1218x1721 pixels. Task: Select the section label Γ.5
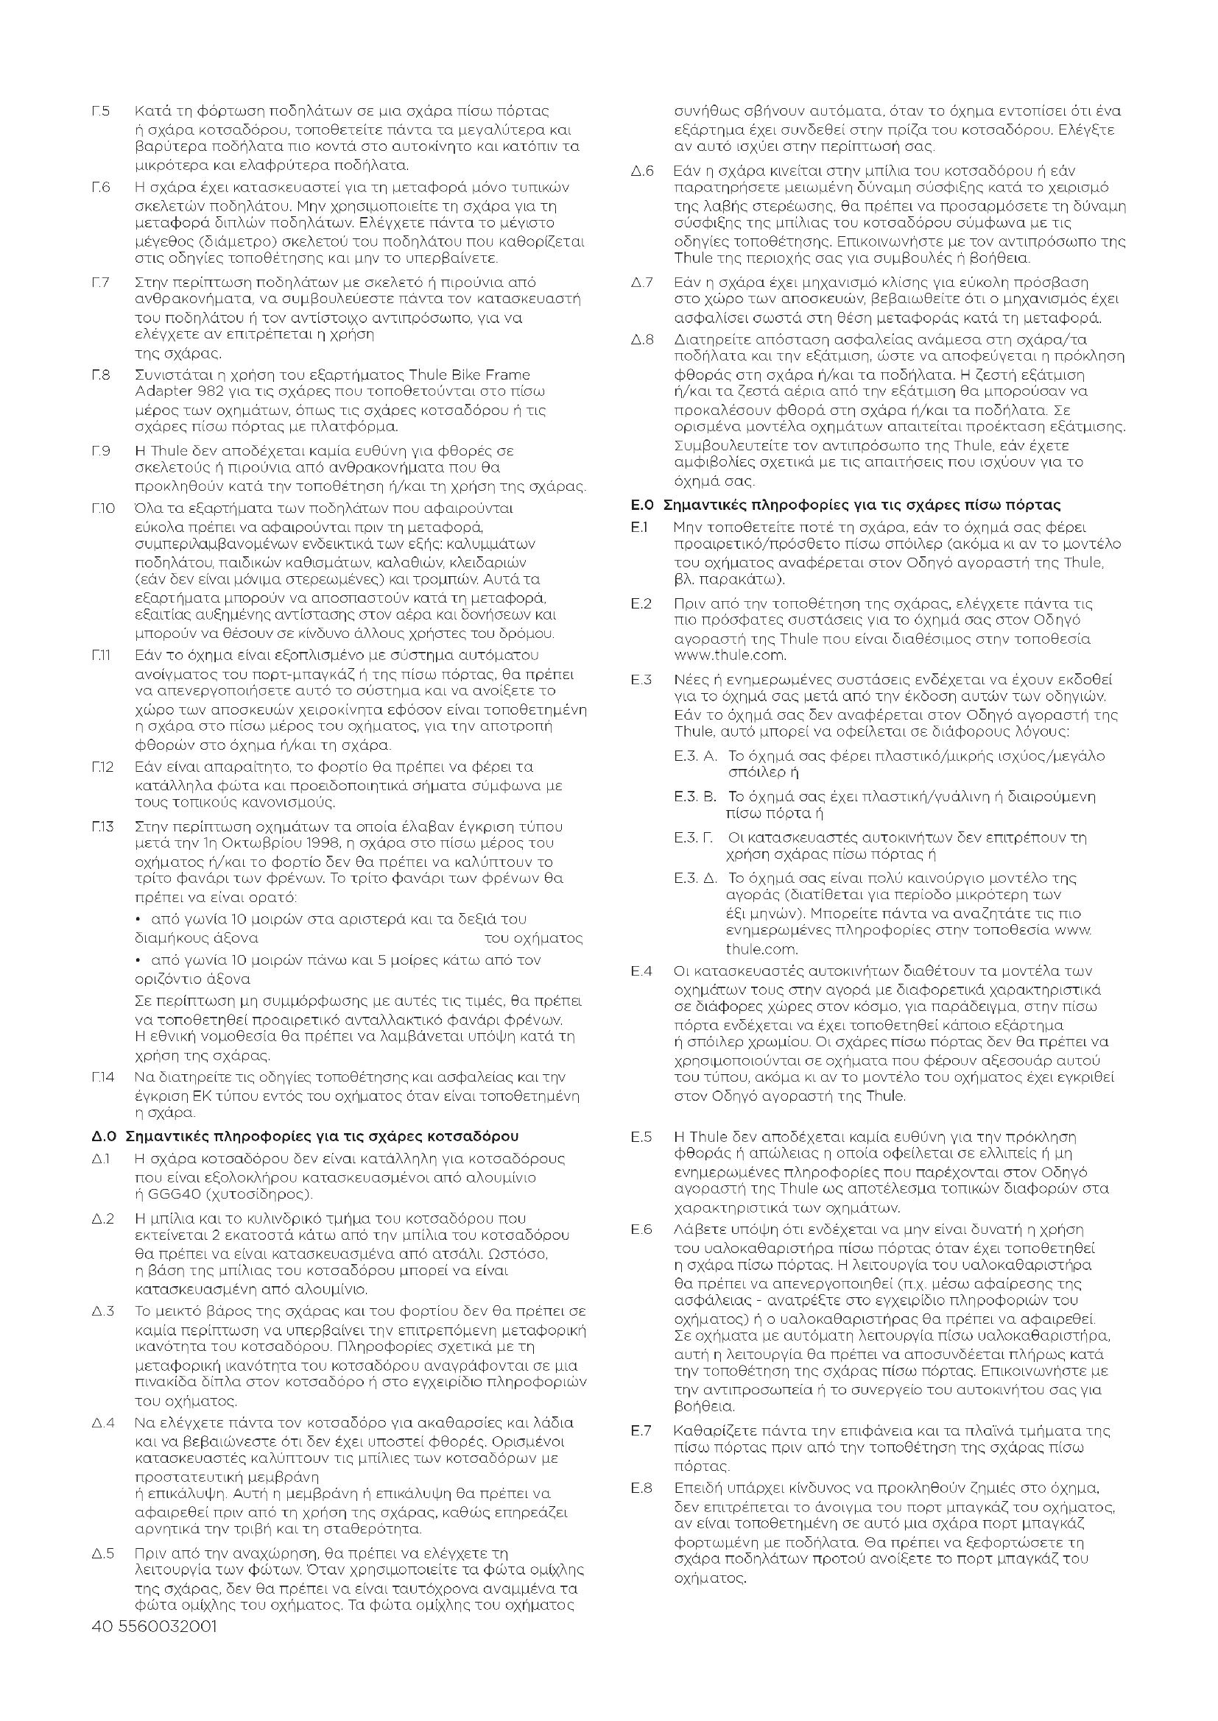point(101,112)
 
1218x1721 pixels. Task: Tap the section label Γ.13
point(104,827)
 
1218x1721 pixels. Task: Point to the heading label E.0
point(644,505)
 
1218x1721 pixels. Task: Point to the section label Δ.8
point(642,339)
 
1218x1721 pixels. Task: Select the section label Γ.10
point(104,508)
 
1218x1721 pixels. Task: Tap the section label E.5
point(641,1137)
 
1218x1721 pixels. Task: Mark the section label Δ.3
point(104,1311)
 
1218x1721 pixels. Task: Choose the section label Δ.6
point(642,171)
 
